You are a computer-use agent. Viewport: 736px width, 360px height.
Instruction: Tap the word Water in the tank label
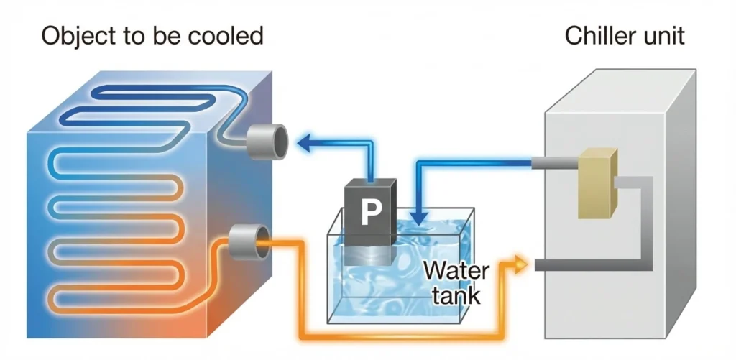click(x=456, y=272)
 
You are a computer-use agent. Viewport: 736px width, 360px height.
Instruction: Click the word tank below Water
click(x=457, y=295)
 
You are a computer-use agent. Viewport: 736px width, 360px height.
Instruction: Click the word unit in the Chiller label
click(x=664, y=35)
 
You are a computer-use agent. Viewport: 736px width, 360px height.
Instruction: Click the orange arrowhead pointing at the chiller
click(x=522, y=265)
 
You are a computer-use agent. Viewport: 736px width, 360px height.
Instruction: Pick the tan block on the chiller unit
click(x=597, y=183)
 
